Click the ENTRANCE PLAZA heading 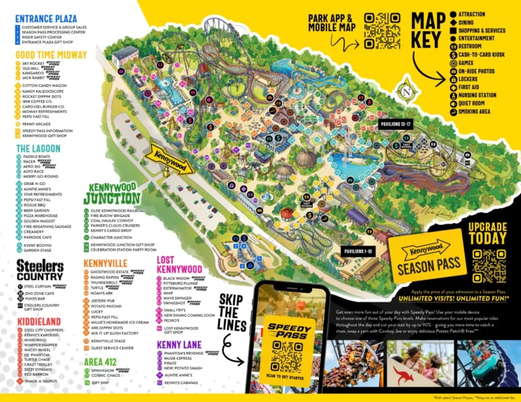click(46, 18)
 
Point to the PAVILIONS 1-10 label click(361, 251)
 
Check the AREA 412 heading click(103, 362)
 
